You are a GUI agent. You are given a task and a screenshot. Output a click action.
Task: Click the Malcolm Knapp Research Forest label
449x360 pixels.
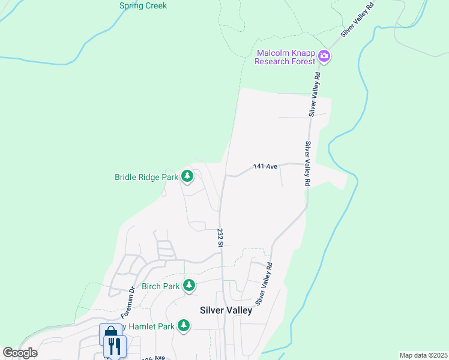pyautogui.click(x=285, y=57)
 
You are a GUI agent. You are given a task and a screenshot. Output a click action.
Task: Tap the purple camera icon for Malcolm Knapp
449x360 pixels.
pyautogui.click(x=325, y=56)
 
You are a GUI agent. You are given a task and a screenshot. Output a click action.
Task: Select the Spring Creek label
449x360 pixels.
pyautogui.click(x=143, y=6)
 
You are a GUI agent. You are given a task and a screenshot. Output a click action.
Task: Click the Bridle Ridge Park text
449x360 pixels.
pyautogui.click(x=146, y=177)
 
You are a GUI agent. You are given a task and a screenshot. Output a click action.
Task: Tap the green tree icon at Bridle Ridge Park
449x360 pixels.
pyautogui.click(x=188, y=176)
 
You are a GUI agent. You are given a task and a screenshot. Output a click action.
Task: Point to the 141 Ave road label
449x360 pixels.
pyautogui.click(x=265, y=166)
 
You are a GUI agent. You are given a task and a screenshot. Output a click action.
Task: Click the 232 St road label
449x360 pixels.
pyautogui.click(x=220, y=237)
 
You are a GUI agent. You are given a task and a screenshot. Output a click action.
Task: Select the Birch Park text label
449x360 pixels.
pyautogui.click(x=160, y=286)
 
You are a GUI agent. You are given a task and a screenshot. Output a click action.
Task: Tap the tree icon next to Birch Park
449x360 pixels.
pyautogui.click(x=189, y=285)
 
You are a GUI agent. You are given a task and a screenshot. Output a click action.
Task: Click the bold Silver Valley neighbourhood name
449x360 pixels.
pyautogui.click(x=226, y=310)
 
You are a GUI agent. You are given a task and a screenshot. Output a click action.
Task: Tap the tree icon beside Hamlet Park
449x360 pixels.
pyautogui.click(x=184, y=326)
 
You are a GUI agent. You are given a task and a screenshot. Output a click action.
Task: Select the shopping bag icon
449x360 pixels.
pyautogui.click(x=110, y=334)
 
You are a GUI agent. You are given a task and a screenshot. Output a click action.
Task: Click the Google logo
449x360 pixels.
pyautogui.click(x=20, y=353)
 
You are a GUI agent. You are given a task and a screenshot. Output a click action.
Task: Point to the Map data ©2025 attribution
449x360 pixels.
pyautogui.click(x=423, y=355)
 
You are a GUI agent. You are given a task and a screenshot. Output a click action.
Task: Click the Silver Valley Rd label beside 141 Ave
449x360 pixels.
pyautogui.click(x=307, y=163)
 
